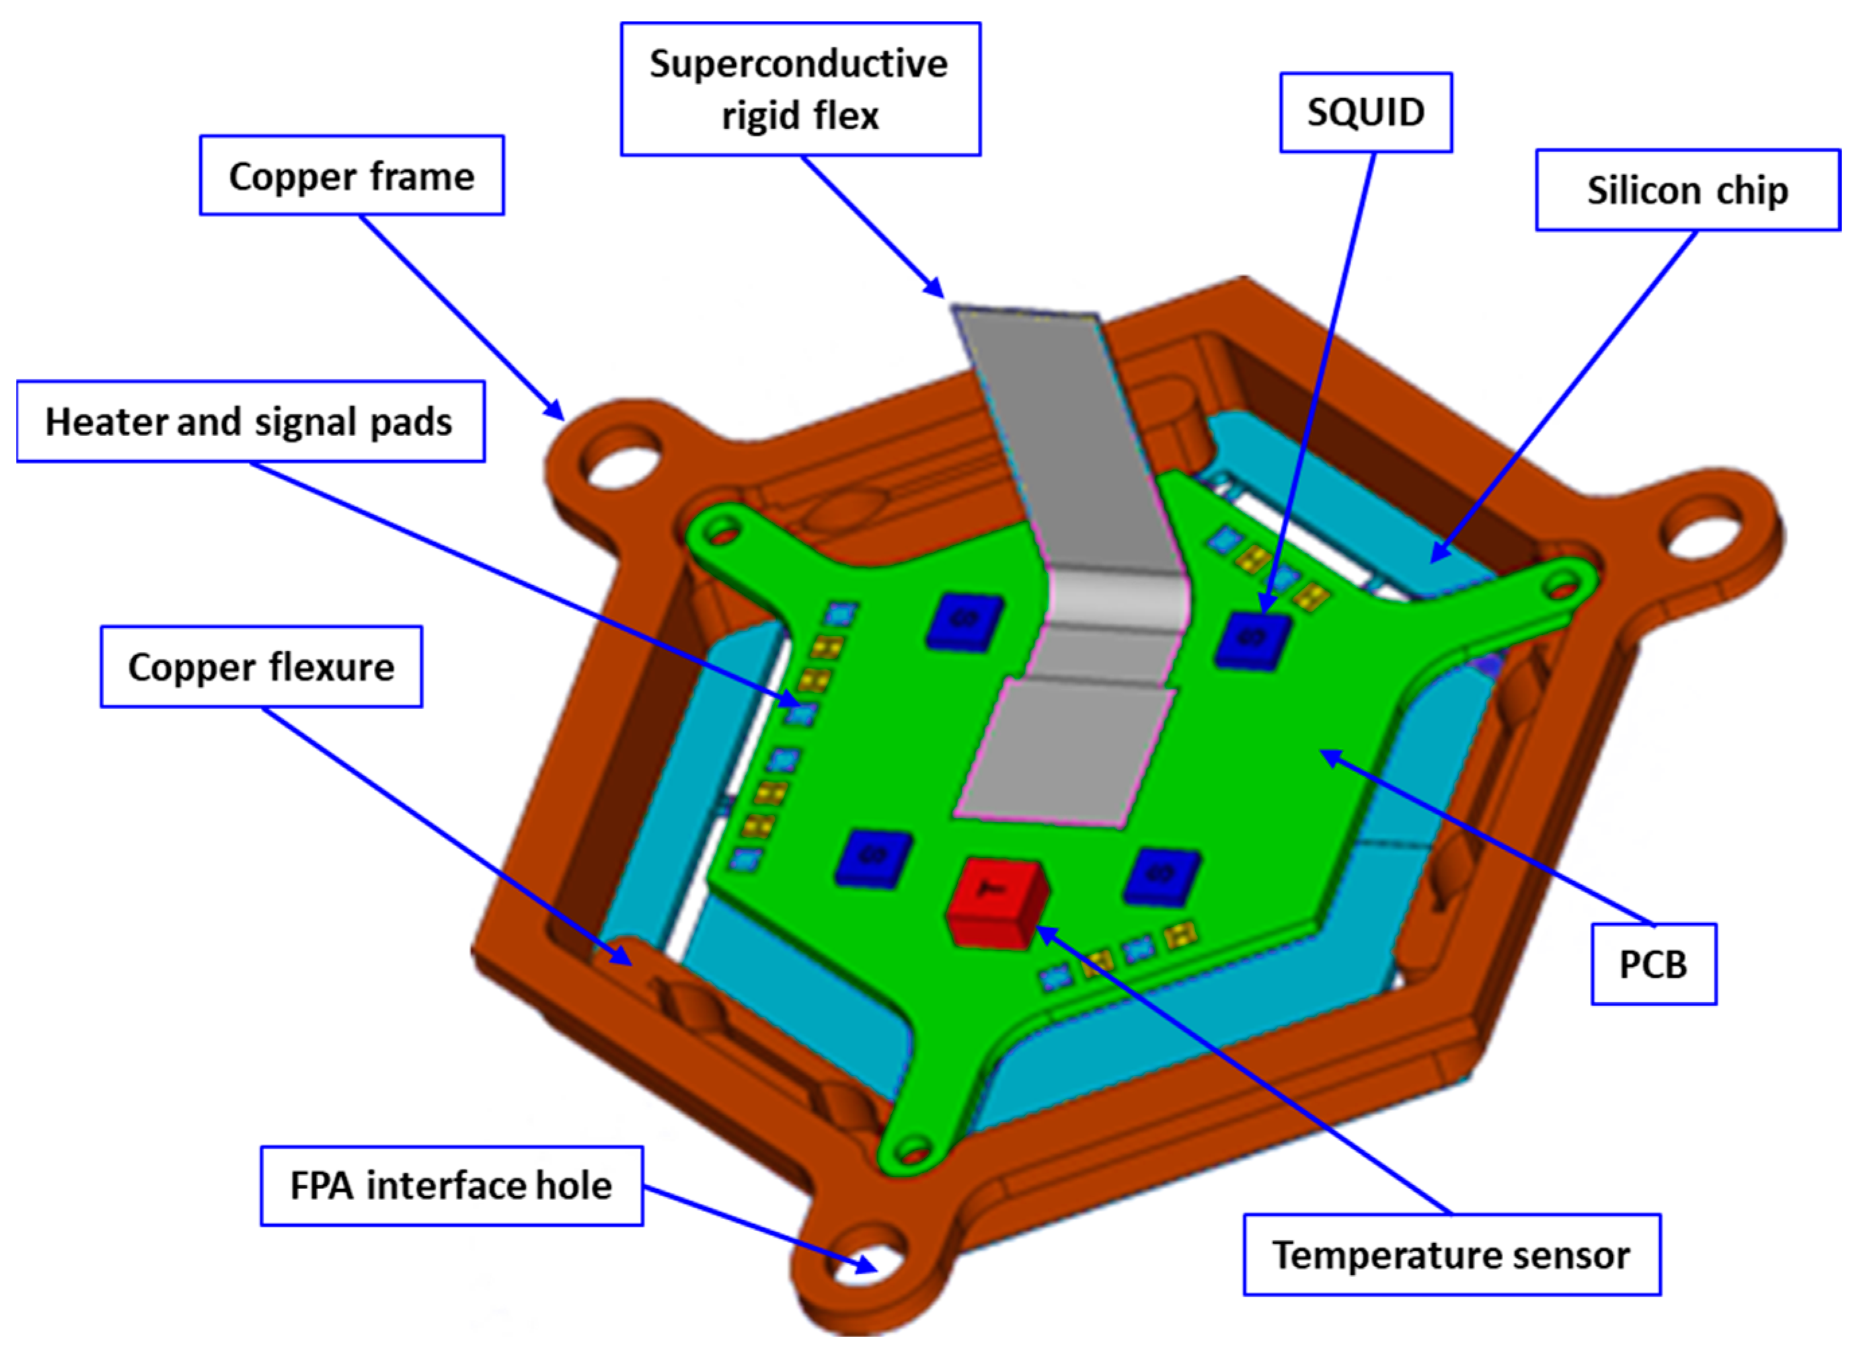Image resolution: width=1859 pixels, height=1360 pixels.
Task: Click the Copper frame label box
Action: pos(352,176)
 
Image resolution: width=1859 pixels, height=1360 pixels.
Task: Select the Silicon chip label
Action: pos(1687,190)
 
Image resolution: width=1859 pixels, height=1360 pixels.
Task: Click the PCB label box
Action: pos(1653,964)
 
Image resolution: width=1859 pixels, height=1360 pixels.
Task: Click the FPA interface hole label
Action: pos(451,1186)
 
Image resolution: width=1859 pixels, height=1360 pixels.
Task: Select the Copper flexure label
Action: pos(261,667)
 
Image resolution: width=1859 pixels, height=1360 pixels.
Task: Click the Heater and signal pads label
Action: pos(250,422)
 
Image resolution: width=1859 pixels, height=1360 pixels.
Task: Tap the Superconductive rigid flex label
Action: pos(800,89)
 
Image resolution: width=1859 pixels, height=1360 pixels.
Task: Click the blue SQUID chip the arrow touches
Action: pos(1253,639)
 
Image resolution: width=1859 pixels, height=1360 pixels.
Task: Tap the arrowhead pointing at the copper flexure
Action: pos(622,956)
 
